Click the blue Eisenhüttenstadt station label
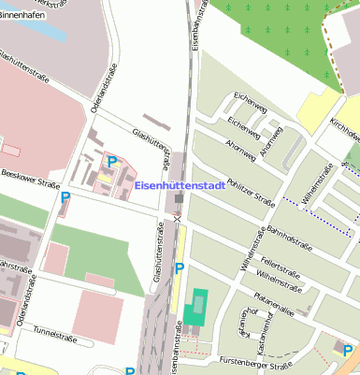179,186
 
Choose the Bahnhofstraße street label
289,237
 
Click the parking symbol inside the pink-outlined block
112,162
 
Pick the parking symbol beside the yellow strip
180,269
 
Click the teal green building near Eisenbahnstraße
195,307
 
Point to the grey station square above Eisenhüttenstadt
178,171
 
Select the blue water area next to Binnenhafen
47,27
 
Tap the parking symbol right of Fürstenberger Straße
348,351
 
